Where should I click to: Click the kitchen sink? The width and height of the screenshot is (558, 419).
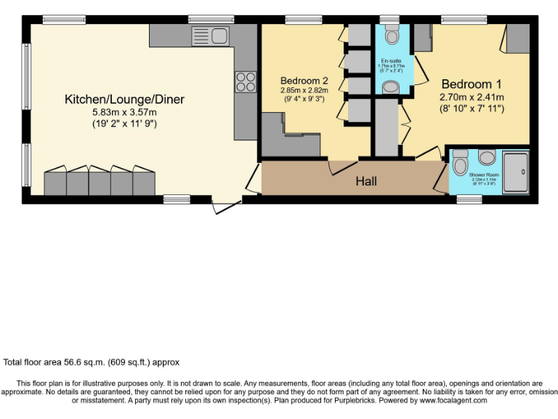[210, 34]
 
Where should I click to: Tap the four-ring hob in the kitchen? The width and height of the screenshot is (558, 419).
[245, 81]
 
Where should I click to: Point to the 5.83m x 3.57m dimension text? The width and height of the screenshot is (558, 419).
[124, 112]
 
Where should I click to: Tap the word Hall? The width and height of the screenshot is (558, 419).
[366, 181]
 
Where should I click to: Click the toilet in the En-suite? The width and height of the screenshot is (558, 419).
[392, 35]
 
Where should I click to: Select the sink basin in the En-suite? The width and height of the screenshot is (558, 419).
[391, 87]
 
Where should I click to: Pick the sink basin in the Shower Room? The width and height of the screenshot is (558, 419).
[486, 156]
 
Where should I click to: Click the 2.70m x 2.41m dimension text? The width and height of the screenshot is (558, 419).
[472, 96]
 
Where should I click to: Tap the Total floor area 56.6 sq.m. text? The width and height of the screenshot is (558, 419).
[91, 362]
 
